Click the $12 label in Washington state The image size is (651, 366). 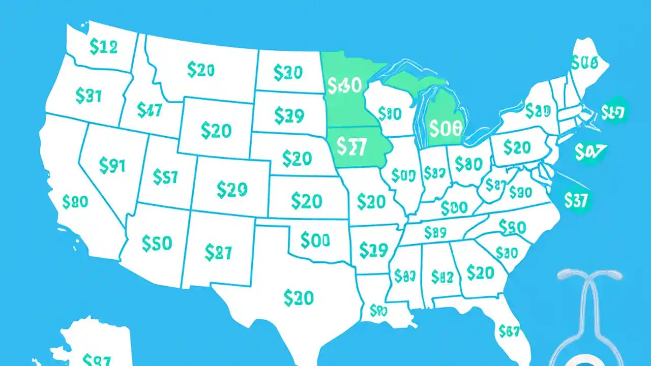(x=103, y=48)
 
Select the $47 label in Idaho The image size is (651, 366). (x=149, y=110)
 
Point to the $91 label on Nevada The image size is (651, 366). (x=112, y=166)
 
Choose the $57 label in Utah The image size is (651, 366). (x=165, y=177)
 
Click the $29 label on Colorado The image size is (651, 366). (x=231, y=189)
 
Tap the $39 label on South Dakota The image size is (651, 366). (x=289, y=116)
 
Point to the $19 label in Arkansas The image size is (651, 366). (x=373, y=250)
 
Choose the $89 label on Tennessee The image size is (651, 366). (x=435, y=233)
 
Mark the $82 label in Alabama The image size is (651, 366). (x=441, y=277)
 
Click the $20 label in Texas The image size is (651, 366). (x=299, y=298)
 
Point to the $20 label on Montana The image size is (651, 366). (x=200, y=71)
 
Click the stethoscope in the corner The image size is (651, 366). (x=590, y=315)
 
